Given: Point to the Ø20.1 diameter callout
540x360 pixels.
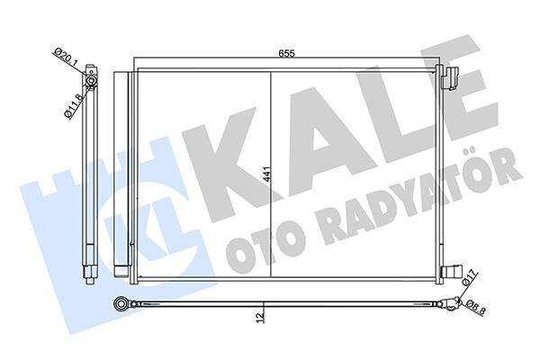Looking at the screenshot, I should coord(64,64).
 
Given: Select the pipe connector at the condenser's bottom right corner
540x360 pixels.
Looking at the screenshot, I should coord(453,271).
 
